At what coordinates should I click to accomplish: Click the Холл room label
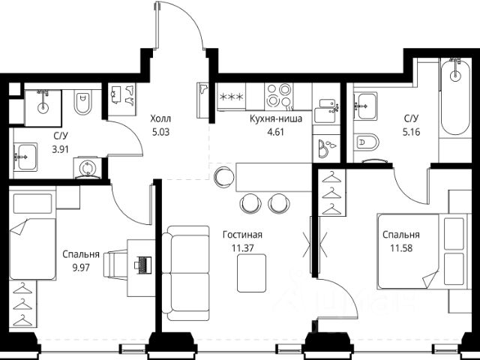click(x=160, y=118)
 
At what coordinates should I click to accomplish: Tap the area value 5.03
click(x=160, y=132)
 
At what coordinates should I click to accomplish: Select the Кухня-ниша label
click(x=276, y=118)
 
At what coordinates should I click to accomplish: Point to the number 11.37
click(x=243, y=248)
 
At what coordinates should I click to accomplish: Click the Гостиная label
click(x=242, y=235)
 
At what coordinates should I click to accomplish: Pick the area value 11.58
click(x=401, y=248)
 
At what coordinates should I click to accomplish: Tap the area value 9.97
click(x=81, y=268)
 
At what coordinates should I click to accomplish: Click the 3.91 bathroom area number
click(x=60, y=150)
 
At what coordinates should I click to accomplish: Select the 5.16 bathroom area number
click(x=411, y=132)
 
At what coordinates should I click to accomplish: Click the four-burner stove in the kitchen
click(x=278, y=96)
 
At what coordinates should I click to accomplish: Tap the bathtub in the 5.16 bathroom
click(x=455, y=97)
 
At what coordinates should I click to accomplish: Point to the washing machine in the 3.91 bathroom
click(x=88, y=168)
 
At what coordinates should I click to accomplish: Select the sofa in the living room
click(x=185, y=273)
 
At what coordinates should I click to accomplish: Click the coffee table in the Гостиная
click(x=252, y=273)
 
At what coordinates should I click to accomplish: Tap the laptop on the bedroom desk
click(x=142, y=265)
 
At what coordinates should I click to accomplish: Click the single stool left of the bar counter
click(x=224, y=177)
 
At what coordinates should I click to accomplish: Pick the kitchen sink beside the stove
click(x=327, y=110)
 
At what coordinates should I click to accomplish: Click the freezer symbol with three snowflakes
click(x=232, y=97)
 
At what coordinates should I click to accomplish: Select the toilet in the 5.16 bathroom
click(x=367, y=142)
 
